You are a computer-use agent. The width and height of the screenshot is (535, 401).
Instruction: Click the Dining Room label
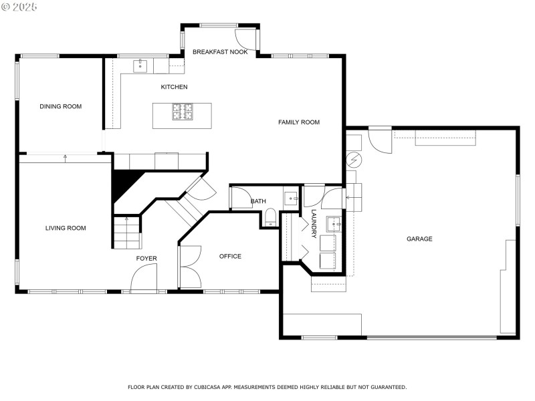tap(60, 106)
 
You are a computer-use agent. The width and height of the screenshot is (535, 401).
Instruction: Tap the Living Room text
tap(66, 228)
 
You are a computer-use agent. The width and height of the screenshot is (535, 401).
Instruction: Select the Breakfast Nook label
tap(219, 51)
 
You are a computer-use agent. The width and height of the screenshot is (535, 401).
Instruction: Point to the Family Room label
tap(299, 122)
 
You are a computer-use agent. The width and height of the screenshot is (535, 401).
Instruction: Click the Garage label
tap(419, 239)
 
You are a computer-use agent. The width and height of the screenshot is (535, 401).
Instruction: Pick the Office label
tap(230, 256)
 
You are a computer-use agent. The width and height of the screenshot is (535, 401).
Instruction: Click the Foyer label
tap(146, 259)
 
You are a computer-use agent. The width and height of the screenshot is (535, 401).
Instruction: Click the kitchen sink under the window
tap(140, 65)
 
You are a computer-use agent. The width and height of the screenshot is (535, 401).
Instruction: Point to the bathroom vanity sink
tap(292, 198)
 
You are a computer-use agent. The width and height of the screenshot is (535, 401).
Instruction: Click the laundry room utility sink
tap(334, 223)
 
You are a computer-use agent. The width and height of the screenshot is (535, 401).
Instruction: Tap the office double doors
tap(190, 267)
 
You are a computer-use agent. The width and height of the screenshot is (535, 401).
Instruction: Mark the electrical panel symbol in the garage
tap(353, 160)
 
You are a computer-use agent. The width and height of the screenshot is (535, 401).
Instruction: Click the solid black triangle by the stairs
tap(124, 184)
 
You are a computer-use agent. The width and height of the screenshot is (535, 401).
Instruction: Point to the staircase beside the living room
tap(126, 233)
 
